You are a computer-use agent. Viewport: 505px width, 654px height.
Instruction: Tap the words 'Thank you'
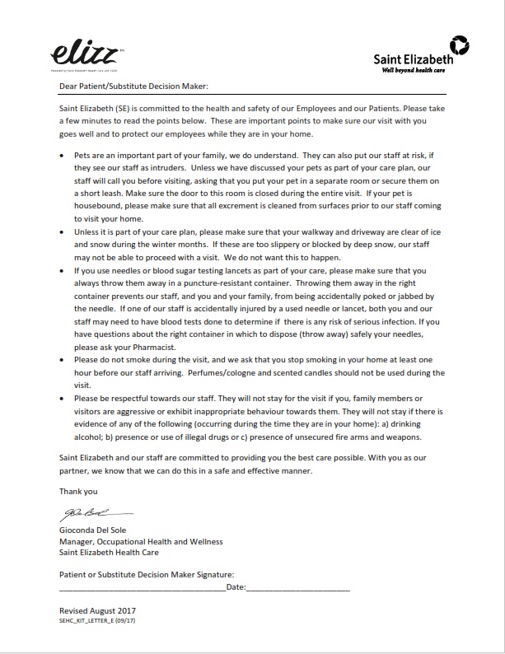[x=77, y=491]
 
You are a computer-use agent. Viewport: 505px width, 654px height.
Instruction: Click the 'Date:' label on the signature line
[x=236, y=586]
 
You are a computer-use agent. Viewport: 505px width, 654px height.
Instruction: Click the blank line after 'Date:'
[x=298, y=588]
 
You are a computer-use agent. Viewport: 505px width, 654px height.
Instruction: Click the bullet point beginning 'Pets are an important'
[x=64, y=155]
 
